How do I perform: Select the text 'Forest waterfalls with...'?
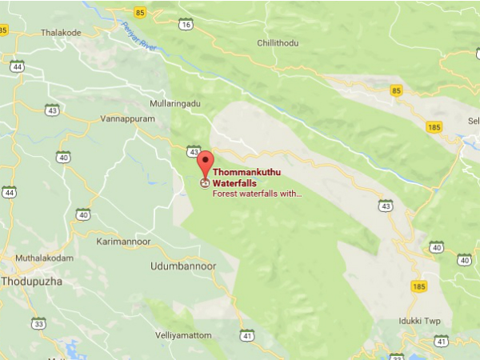tap(257, 193)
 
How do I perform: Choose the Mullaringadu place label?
tap(175, 103)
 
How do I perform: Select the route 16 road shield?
tap(187, 25)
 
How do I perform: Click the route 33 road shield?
tap(38, 323)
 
